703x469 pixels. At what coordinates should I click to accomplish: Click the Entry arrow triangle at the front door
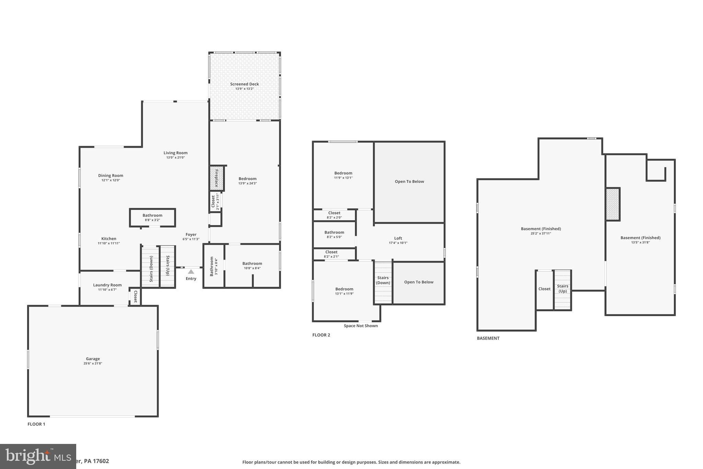point(191,272)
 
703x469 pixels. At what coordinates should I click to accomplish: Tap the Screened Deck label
point(244,84)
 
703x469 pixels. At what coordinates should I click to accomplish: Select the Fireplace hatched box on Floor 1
point(217,178)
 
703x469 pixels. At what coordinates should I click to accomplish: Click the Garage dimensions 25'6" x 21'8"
point(93,364)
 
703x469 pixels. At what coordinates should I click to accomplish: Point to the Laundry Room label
point(107,285)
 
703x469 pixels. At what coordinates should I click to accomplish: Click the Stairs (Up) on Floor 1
point(168,266)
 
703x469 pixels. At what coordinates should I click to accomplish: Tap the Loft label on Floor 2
point(398,238)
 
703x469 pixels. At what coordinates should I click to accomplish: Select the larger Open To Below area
point(409,181)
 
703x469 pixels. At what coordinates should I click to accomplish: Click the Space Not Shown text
point(361,326)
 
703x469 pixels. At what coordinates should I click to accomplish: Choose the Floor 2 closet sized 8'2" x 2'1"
point(331,254)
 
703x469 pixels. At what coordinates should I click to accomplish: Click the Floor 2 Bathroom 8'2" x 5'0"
point(334,234)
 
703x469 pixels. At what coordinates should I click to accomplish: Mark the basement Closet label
point(544,289)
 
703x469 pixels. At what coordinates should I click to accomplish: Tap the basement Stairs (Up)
point(563,289)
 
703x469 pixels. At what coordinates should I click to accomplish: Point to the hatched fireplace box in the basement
point(613,204)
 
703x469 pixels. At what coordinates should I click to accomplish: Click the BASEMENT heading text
point(488,338)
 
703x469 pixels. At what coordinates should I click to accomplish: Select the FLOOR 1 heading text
point(36,424)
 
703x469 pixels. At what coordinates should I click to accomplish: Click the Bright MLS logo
point(38,456)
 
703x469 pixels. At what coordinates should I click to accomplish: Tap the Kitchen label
point(109,239)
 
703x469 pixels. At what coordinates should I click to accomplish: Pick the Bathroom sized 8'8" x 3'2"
point(152,217)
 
